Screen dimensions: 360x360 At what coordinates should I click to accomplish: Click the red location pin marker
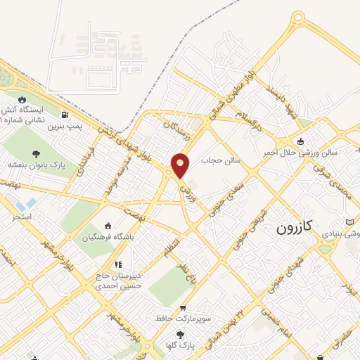tap(181, 165)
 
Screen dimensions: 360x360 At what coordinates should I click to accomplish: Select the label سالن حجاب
tap(221, 160)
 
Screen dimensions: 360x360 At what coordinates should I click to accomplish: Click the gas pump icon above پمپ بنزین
tap(65, 115)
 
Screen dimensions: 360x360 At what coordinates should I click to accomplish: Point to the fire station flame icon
tap(22, 99)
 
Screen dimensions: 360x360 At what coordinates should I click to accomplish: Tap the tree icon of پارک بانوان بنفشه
tap(36, 153)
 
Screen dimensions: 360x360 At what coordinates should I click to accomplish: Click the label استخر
tap(22, 217)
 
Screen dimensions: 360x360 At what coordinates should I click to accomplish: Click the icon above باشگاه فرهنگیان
tap(108, 226)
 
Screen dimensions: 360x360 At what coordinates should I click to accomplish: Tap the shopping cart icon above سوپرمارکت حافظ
tap(184, 307)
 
